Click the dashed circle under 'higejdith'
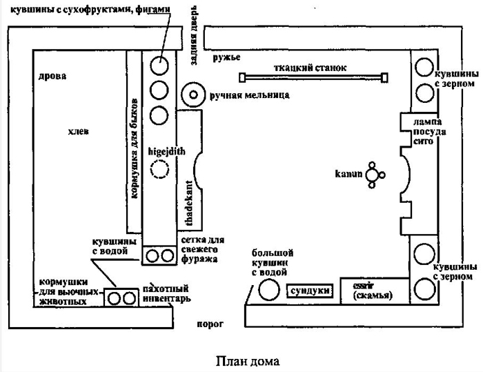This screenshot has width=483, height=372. click(160, 170)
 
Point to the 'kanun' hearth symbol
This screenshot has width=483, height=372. click(374, 175)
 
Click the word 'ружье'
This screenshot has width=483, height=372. click(226, 57)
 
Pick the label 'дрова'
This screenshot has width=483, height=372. click(53, 76)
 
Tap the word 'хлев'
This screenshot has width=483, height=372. click(78, 131)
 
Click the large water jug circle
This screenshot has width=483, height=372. click(268, 292)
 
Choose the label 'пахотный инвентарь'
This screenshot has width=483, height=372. click(164, 293)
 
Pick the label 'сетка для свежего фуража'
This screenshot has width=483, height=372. click(199, 249)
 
